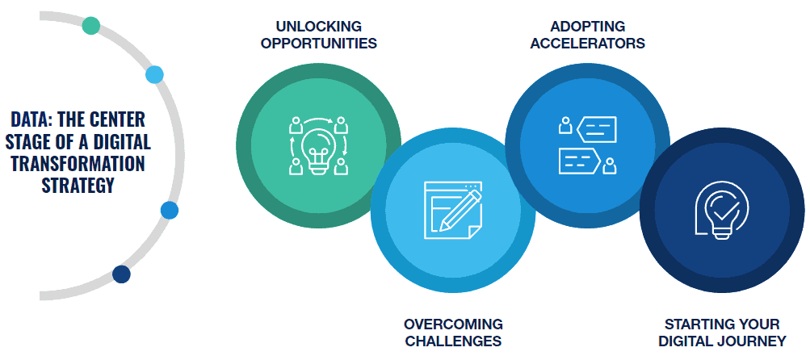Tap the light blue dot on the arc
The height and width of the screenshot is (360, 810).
click(154, 75)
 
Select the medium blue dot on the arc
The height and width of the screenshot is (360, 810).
click(170, 211)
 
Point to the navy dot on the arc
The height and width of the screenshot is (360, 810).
click(121, 274)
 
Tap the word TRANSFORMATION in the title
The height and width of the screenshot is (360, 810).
click(78, 164)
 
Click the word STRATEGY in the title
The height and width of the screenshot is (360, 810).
click(78, 186)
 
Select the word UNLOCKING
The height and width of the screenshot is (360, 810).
click(317, 26)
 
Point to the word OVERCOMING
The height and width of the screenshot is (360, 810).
click(453, 324)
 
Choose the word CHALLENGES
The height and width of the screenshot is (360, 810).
click(453, 341)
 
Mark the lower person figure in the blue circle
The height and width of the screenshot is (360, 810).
click(610, 165)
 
